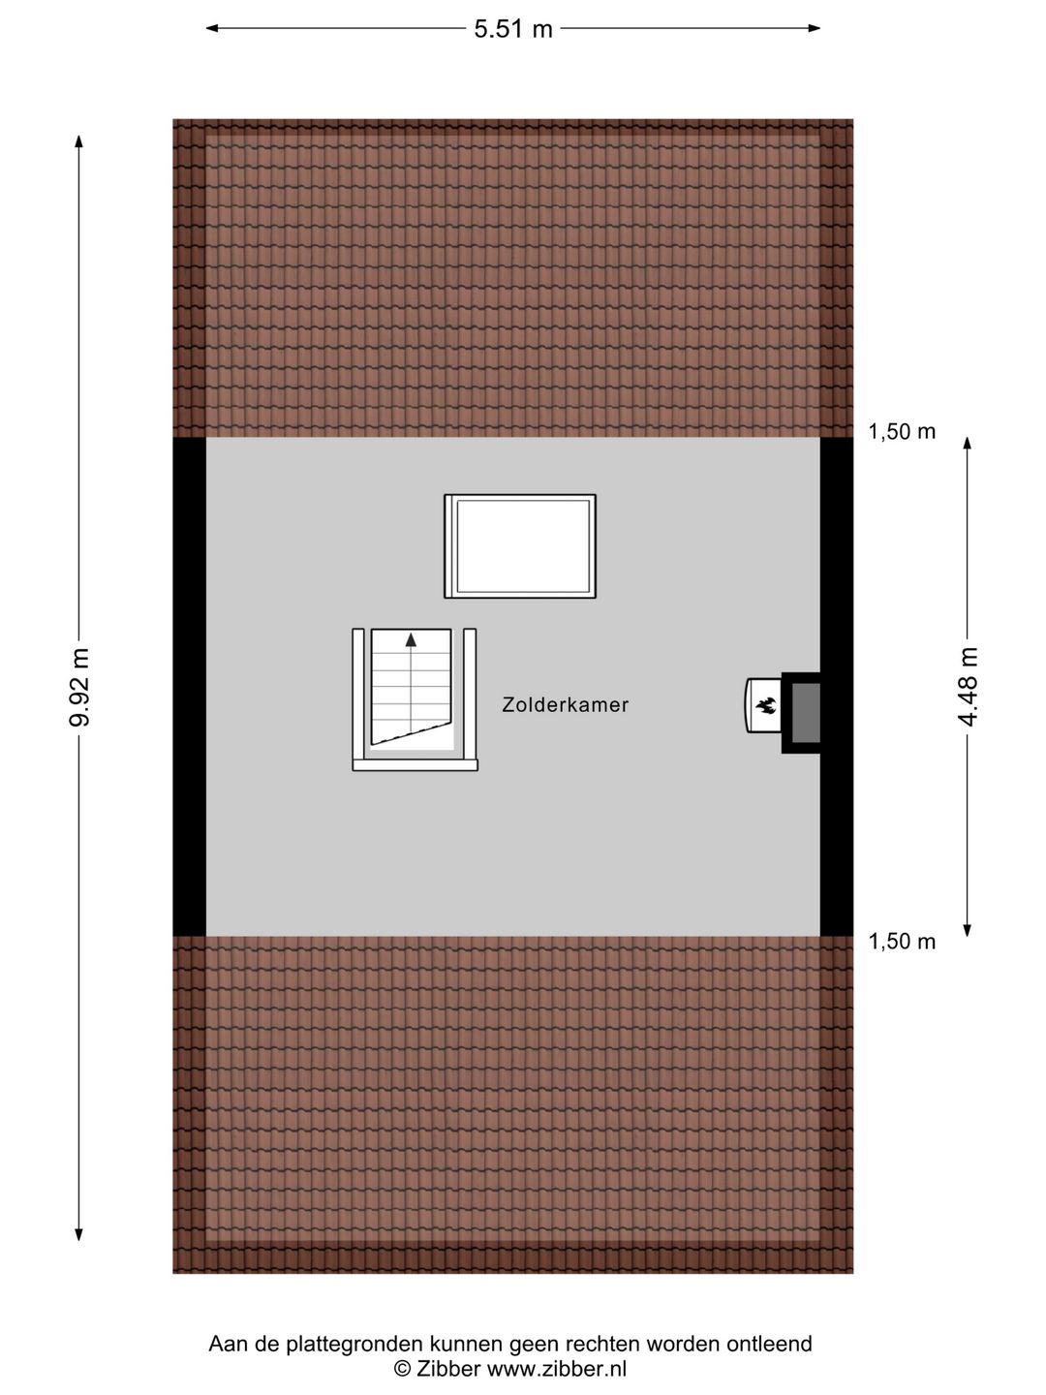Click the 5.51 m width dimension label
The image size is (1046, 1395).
tap(513, 29)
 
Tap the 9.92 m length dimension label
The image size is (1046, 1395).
tap(80, 687)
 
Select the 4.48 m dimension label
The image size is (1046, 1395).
tap(968, 687)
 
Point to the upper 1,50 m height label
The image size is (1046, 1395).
tap(902, 432)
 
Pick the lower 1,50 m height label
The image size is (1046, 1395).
tap(902, 942)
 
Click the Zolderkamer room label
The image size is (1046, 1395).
tap(566, 705)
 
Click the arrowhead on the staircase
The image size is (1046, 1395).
tap(411, 639)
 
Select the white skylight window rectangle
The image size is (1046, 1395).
tap(520, 546)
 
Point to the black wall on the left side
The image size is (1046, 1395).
tap(189, 687)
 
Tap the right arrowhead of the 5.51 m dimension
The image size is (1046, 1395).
tap(814, 28)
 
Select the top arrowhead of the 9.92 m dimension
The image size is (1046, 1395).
tap(78, 141)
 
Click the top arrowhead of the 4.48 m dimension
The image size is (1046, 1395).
tap(968, 444)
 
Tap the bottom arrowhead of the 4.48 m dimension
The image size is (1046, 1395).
tap(968, 930)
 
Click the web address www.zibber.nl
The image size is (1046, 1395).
tap(556, 1368)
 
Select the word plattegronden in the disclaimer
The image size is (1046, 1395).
tap(354, 1345)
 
